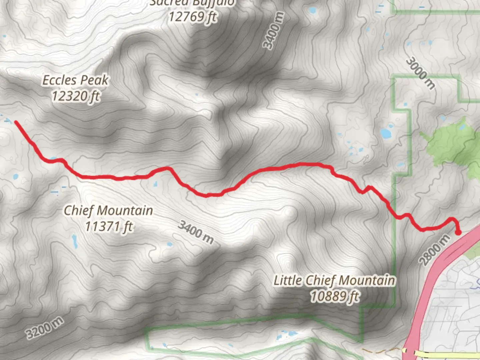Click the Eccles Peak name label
[76, 80]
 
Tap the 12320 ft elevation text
[76, 96]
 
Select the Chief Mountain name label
[108, 210]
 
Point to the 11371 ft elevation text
[109, 226]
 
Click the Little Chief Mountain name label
[334, 280]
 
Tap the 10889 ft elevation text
[335, 296]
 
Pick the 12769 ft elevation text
[193, 16]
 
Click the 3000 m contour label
[421, 74]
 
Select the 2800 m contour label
[434, 250]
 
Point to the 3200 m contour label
[44, 328]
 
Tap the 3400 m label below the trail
[196, 231]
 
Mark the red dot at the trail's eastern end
[458, 232]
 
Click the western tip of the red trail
[16, 122]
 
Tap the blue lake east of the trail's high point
[386, 133]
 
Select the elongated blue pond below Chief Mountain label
[75, 241]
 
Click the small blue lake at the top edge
[312, 10]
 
